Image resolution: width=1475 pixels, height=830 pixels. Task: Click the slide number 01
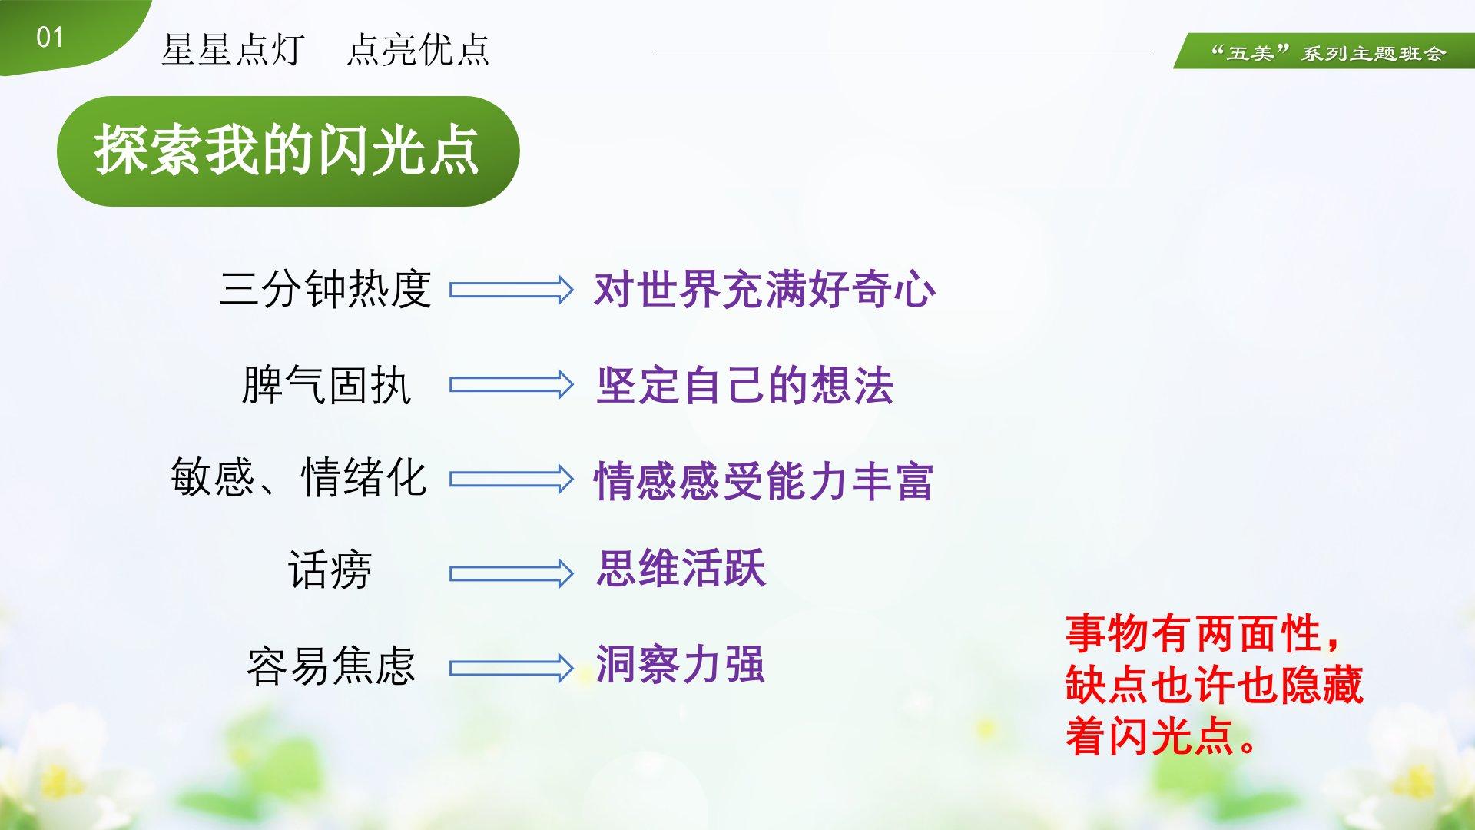[49, 37]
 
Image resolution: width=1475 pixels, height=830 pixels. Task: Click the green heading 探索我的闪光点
[287, 151]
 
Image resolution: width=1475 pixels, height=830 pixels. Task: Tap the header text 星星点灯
[233, 50]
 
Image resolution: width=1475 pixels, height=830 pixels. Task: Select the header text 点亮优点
[418, 50]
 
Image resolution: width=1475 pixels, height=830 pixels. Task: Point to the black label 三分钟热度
[325, 289]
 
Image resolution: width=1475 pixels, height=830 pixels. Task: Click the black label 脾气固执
[326, 384]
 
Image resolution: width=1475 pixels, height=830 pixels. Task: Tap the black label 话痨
[330, 570]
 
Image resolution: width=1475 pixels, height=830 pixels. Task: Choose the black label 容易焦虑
[331, 666]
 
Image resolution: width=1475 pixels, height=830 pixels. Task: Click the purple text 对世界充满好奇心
[764, 290]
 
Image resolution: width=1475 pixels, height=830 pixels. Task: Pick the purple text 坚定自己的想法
[744, 385]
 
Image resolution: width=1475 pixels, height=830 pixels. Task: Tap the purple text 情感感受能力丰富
[764, 481]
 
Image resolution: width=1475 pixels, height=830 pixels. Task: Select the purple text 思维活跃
[681, 569]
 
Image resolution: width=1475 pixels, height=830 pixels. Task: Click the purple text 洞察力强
[680, 664]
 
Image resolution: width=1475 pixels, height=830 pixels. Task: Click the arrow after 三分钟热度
[512, 290]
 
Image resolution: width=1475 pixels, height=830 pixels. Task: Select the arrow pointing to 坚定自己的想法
[512, 384]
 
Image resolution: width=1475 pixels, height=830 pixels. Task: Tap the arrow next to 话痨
[512, 573]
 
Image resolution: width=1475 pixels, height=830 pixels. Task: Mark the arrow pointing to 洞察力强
[512, 668]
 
